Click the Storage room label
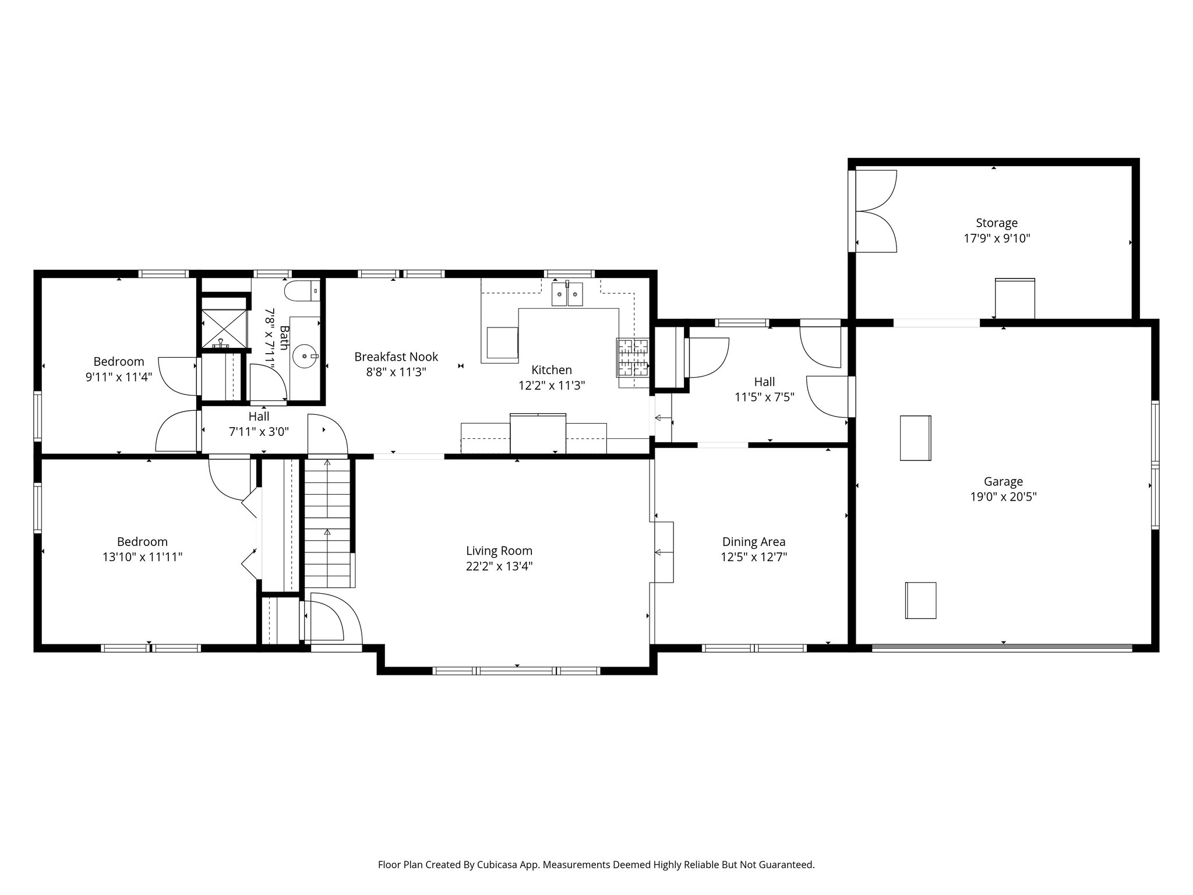(997, 223)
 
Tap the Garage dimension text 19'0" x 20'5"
(1003, 497)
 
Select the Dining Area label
(754, 541)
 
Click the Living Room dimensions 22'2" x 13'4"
(499, 566)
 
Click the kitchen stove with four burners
(633, 357)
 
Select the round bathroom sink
(305, 355)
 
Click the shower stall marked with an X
(223, 329)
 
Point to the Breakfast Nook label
(396, 357)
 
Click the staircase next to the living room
(327, 522)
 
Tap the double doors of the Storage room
(876, 211)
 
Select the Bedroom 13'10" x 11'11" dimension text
(143, 557)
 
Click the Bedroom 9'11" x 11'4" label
(119, 361)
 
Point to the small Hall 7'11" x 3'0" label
(259, 417)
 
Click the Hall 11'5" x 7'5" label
(764, 382)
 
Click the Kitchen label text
(552, 369)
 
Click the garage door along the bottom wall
(1002, 647)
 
